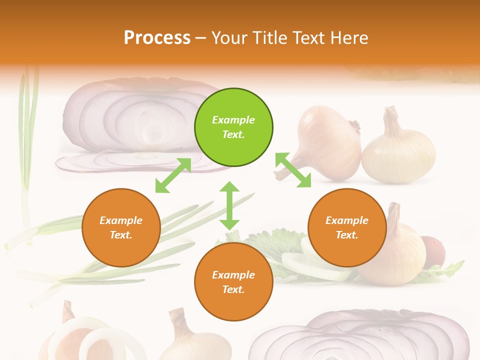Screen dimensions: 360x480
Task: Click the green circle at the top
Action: (x=233, y=127)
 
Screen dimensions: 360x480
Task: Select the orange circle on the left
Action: (x=121, y=227)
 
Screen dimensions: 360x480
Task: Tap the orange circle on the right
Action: (x=347, y=227)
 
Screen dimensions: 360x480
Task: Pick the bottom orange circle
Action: (x=233, y=282)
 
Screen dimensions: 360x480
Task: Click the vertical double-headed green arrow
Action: (x=229, y=205)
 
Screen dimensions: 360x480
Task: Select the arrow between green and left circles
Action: (x=173, y=175)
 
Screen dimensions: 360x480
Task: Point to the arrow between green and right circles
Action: (x=293, y=170)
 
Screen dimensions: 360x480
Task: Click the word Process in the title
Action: (x=157, y=37)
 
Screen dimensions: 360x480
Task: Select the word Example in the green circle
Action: (x=233, y=120)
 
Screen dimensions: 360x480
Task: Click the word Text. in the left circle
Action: (x=121, y=235)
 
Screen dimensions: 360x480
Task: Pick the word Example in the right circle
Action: (x=347, y=220)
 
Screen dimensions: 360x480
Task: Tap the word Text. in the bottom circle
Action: (x=233, y=289)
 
